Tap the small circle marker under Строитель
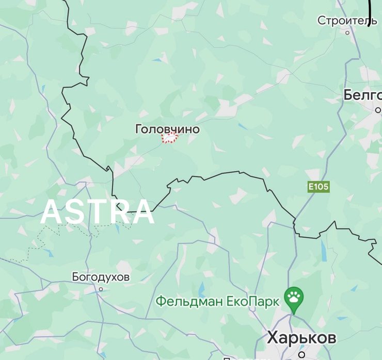coord(347,32)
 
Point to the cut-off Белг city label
coord(362,95)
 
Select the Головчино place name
coord(167,129)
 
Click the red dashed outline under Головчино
coord(170,138)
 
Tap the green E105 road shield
coord(319,187)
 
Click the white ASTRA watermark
coord(98,211)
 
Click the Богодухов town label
coord(101,277)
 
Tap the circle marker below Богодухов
coord(101,289)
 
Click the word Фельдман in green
coord(189,300)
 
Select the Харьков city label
coord(301,338)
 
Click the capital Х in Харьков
coord(273,338)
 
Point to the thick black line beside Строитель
coord(370,13)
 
